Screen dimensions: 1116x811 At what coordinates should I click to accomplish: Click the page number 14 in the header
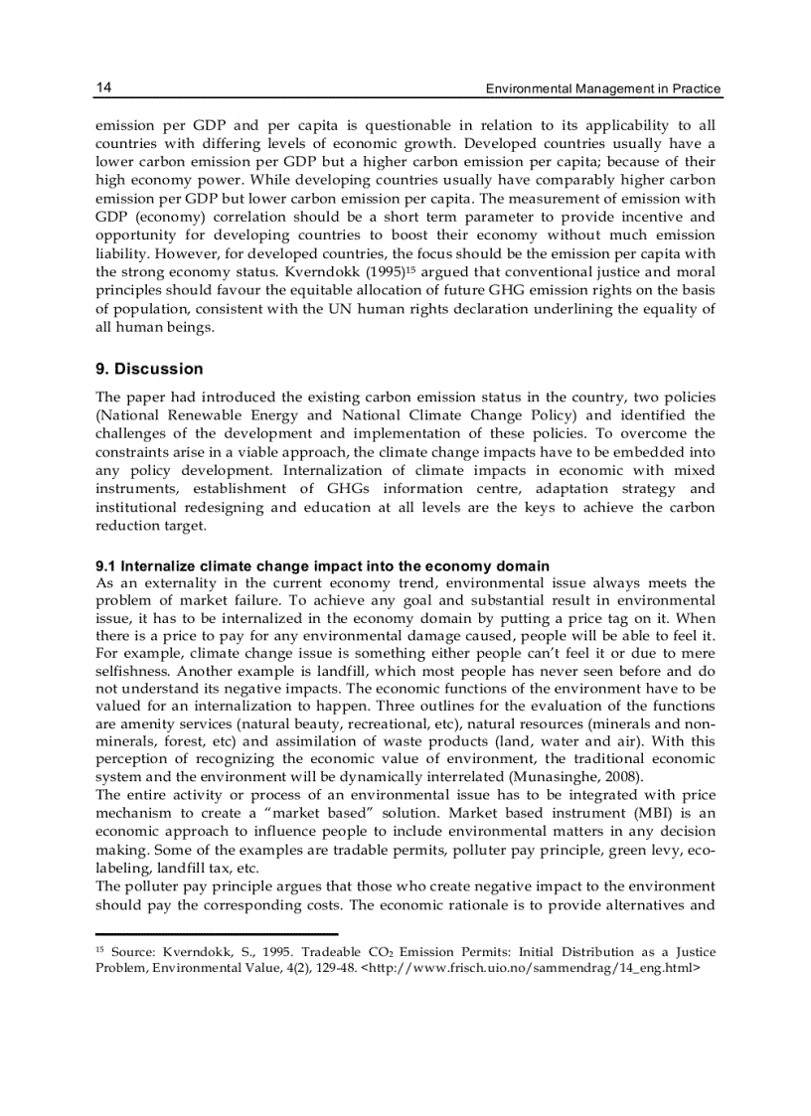coord(103,88)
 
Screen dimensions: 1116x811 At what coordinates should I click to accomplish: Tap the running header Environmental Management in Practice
coord(602,89)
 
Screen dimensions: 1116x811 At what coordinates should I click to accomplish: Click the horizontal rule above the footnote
coord(217,934)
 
